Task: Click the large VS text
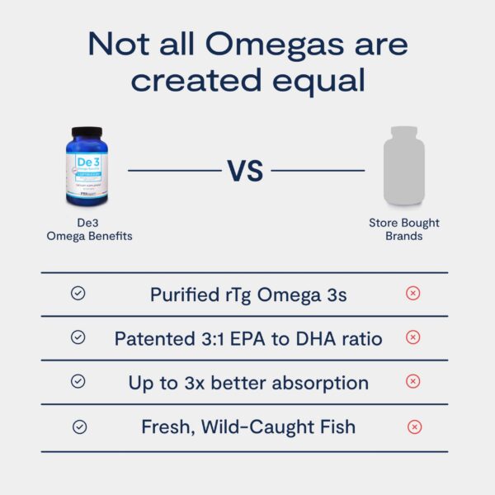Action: tap(246, 171)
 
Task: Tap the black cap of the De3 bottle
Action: tap(86, 132)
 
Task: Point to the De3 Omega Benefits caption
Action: tap(87, 229)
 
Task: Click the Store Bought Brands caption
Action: tap(404, 229)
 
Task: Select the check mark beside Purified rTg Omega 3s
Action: tap(78, 294)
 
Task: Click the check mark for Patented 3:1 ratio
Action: tap(78, 337)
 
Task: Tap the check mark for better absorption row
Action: tap(78, 381)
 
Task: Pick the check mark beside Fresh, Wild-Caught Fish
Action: tap(79, 427)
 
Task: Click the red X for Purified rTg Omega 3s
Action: tap(413, 294)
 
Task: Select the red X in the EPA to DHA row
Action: tap(413, 337)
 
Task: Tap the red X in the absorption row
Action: tap(413, 381)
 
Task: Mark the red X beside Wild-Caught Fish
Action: tap(415, 427)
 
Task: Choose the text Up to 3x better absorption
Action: tap(248, 383)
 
